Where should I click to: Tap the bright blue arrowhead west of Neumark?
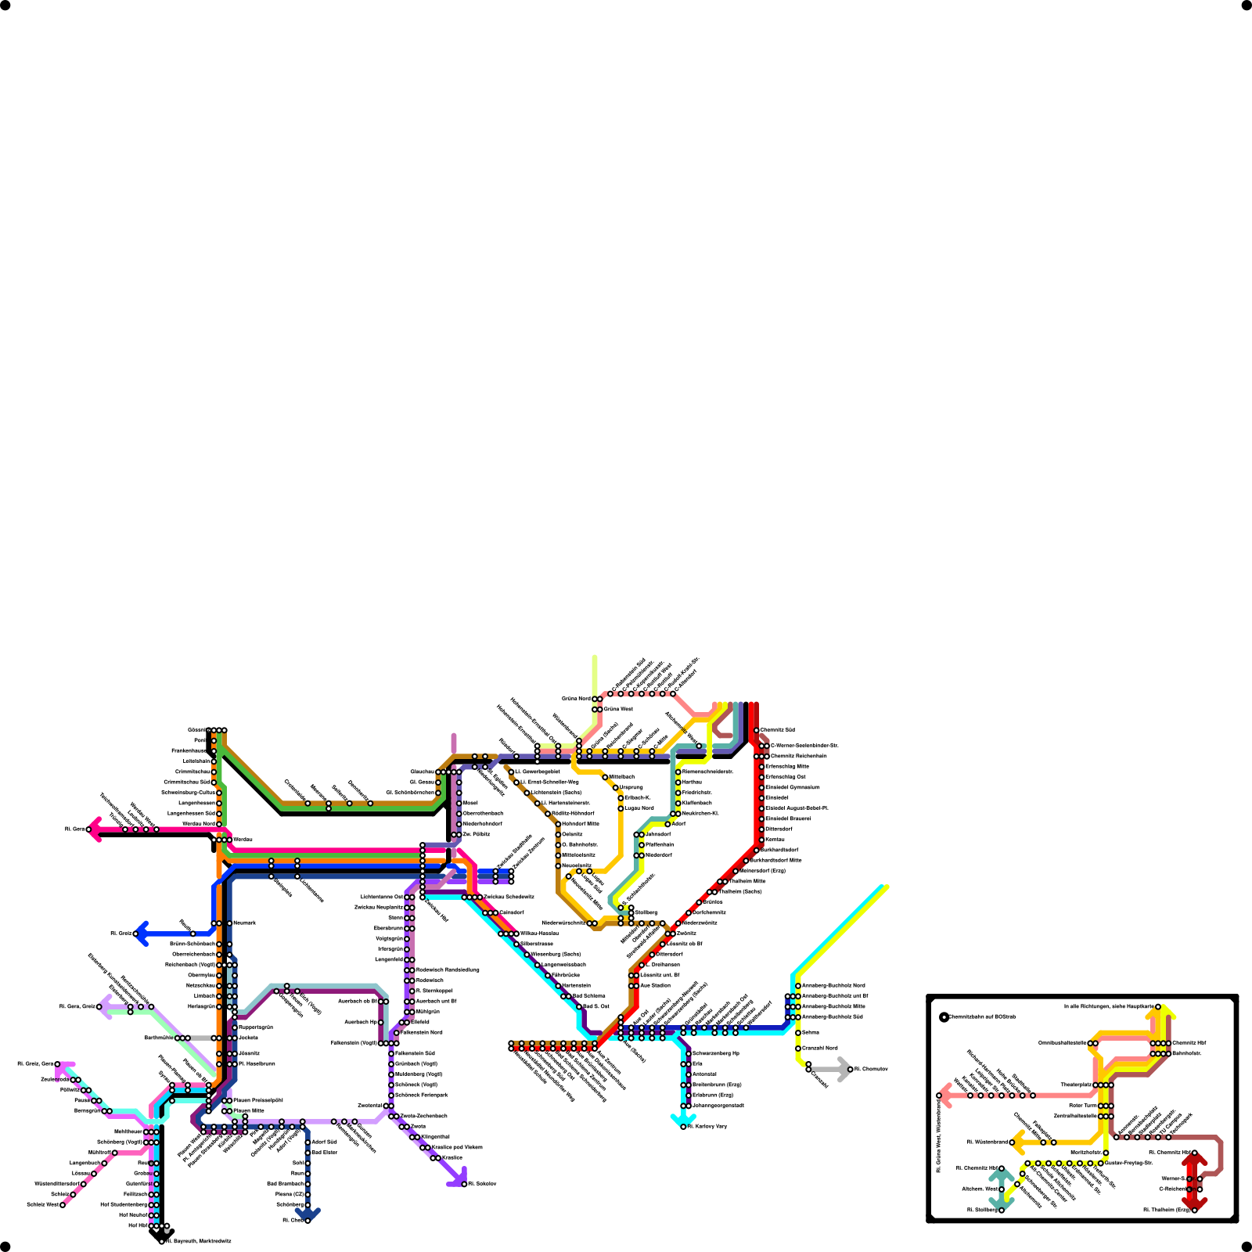pyautogui.click(x=140, y=934)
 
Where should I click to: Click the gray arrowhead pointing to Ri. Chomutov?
pyautogui.click(x=844, y=1069)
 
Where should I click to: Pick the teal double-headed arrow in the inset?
pyautogui.click(x=1001, y=1189)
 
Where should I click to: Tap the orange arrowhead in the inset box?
pyautogui.click(x=1017, y=1142)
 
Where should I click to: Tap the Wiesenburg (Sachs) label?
pyautogui.click(x=556, y=954)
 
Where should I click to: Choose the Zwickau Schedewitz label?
pyautogui.click(x=509, y=897)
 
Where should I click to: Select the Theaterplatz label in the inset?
pyautogui.click(x=1076, y=1085)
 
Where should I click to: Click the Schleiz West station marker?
pyautogui.click(x=63, y=1205)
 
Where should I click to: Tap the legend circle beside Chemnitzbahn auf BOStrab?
pyautogui.click(x=944, y=1017)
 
